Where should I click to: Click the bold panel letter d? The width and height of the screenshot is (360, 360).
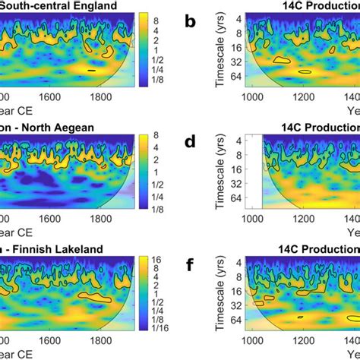click(190, 141)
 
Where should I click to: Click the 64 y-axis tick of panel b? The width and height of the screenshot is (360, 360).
click(235, 76)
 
